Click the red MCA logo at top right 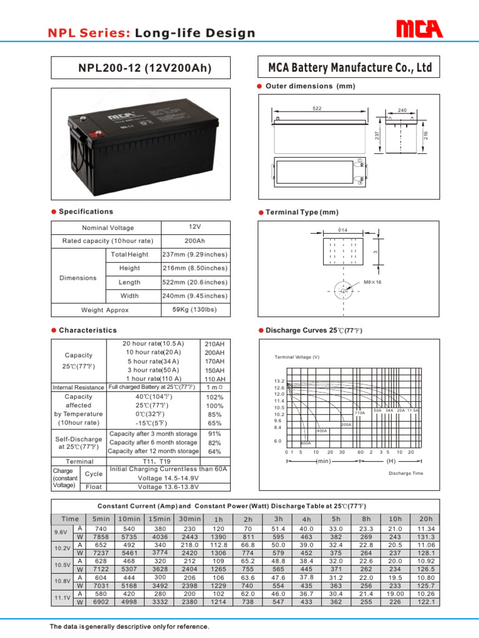click(419, 29)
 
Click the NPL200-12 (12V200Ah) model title click(145, 68)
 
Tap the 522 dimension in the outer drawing click(317, 108)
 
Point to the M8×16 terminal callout click(374, 282)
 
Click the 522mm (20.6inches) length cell click(195, 282)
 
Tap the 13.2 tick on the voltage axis click(279, 381)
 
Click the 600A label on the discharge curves click(306, 443)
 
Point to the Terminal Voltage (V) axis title click(297, 357)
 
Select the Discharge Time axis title click(405, 474)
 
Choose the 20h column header click(426, 519)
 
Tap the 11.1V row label click(62, 598)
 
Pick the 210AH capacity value click(215, 343)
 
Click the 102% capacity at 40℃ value click(215, 397)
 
